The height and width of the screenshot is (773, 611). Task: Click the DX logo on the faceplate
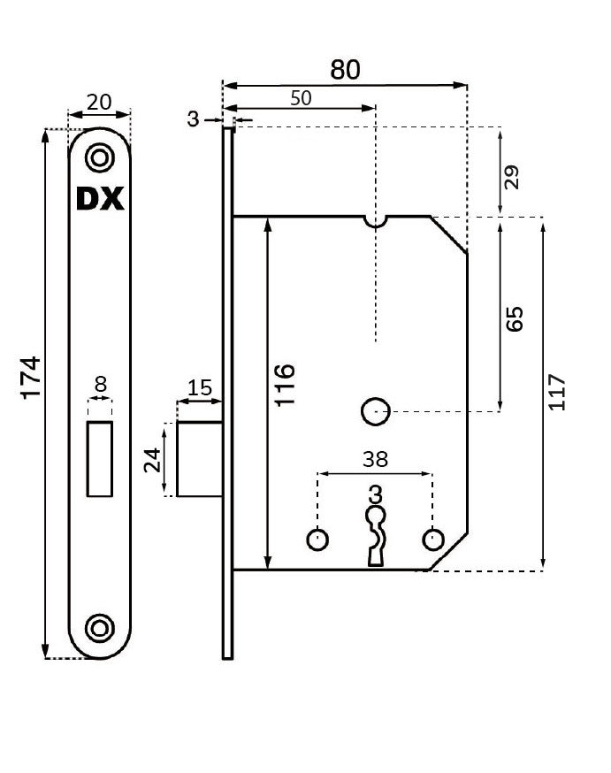tap(100, 200)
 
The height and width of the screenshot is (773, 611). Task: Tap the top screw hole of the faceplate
tap(100, 158)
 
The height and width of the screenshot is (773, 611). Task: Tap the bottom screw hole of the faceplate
tap(100, 628)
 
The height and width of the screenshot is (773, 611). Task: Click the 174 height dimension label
tap(31, 379)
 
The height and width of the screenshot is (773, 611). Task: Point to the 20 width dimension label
tap(99, 102)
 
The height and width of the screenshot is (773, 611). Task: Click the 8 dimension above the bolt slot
tap(100, 383)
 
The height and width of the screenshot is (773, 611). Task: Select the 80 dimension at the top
tap(345, 70)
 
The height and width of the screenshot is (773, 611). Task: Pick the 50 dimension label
tap(301, 97)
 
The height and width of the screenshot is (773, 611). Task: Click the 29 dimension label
tap(511, 177)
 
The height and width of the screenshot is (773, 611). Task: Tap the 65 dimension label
tap(515, 318)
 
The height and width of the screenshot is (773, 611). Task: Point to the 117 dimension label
tap(557, 393)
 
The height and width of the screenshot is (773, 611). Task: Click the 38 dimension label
tap(375, 460)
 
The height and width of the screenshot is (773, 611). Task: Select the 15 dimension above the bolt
tap(201, 387)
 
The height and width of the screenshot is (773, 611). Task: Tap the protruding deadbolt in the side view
tap(200, 459)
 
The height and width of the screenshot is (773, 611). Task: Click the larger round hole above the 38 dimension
tap(376, 411)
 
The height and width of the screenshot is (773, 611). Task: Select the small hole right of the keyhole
tap(432, 538)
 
